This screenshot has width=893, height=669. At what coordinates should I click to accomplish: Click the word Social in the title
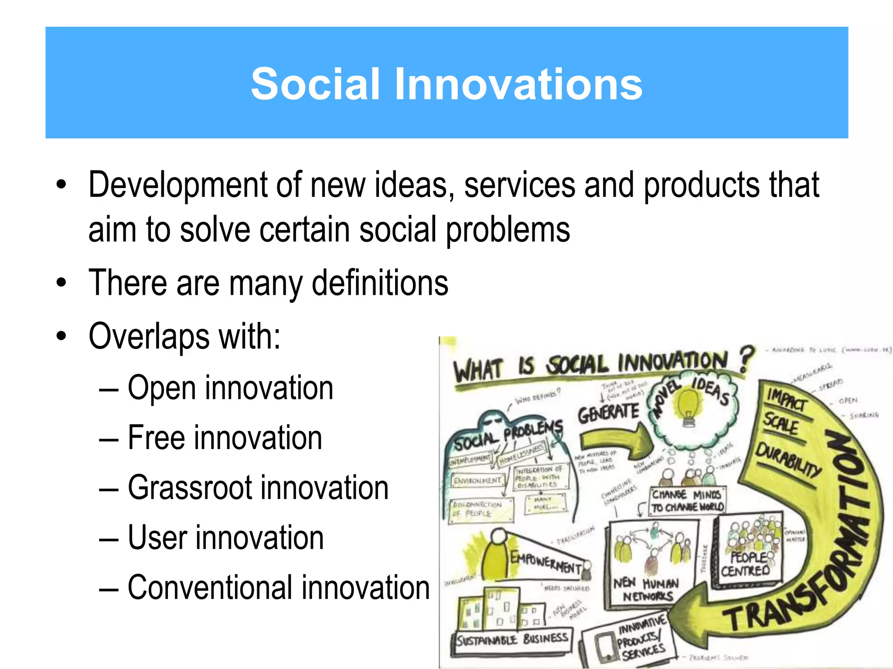[x=315, y=84]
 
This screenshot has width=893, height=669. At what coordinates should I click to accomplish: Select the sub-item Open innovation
[x=230, y=388]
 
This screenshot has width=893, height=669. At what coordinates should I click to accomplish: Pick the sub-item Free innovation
[x=225, y=438]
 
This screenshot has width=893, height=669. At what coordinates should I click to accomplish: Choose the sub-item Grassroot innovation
[x=258, y=488]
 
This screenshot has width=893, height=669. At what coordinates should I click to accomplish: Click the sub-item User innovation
[x=225, y=538]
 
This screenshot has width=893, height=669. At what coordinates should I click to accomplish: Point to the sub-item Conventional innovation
[x=278, y=588]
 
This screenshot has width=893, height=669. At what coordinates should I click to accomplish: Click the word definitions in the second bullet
[x=380, y=283]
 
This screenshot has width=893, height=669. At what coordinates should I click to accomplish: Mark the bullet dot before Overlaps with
[x=61, y=336]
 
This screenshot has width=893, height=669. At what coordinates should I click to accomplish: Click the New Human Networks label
[x=647, y=589]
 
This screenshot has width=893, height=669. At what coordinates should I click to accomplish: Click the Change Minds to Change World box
[x=688, y=501]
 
